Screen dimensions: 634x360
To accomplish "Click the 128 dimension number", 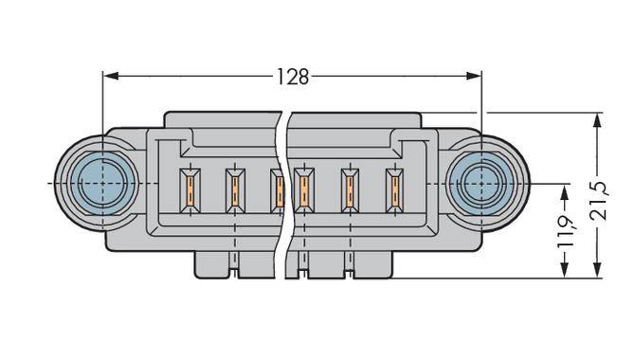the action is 293,77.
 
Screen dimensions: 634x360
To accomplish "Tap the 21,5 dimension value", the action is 599,201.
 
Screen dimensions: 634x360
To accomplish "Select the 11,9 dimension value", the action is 566,231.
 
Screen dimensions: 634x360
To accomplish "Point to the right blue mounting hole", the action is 481,184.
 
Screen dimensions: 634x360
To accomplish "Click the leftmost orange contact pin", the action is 190,190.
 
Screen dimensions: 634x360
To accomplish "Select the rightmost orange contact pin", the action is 395,190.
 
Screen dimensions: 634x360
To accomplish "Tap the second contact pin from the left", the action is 235,190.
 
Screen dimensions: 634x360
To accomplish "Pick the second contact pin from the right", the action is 350,190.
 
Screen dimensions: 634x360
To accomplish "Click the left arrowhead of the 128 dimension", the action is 110,76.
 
